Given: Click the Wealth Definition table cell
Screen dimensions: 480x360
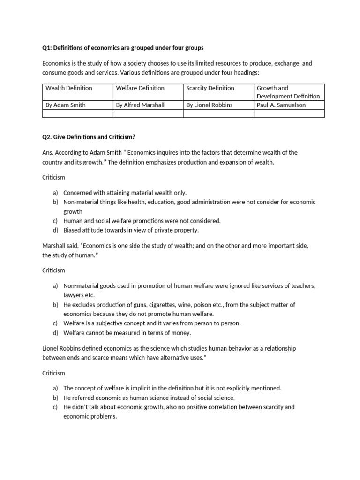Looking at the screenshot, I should [x=68, y=88].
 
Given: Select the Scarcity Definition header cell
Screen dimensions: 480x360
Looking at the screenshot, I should [x=210, y=88].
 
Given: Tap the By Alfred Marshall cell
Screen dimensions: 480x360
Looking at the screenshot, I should [x=140, y=105].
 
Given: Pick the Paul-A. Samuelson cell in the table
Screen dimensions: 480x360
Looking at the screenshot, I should [x=281, y=105].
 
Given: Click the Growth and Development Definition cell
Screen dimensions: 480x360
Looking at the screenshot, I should [x=288, y=92].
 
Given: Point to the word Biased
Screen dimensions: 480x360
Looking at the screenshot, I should [x=73, y=230].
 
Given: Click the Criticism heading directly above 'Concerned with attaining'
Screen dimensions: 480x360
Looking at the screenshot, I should [x=53, y=178].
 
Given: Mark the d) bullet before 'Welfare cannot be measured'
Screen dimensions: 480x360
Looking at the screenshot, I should [x=56, y=333].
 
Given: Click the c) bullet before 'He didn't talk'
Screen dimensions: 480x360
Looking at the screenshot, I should [x=56, y=407].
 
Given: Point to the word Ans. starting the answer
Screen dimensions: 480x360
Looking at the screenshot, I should [x=48, y=152].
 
